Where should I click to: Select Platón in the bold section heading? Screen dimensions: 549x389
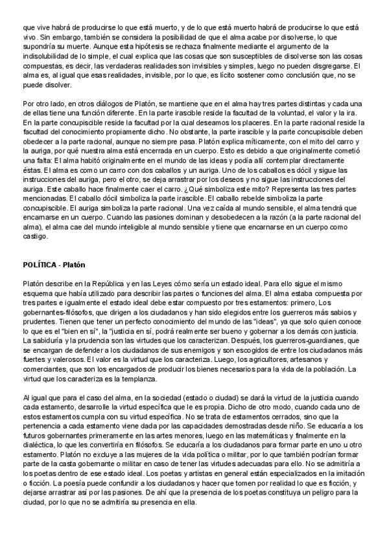pos(75,265)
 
